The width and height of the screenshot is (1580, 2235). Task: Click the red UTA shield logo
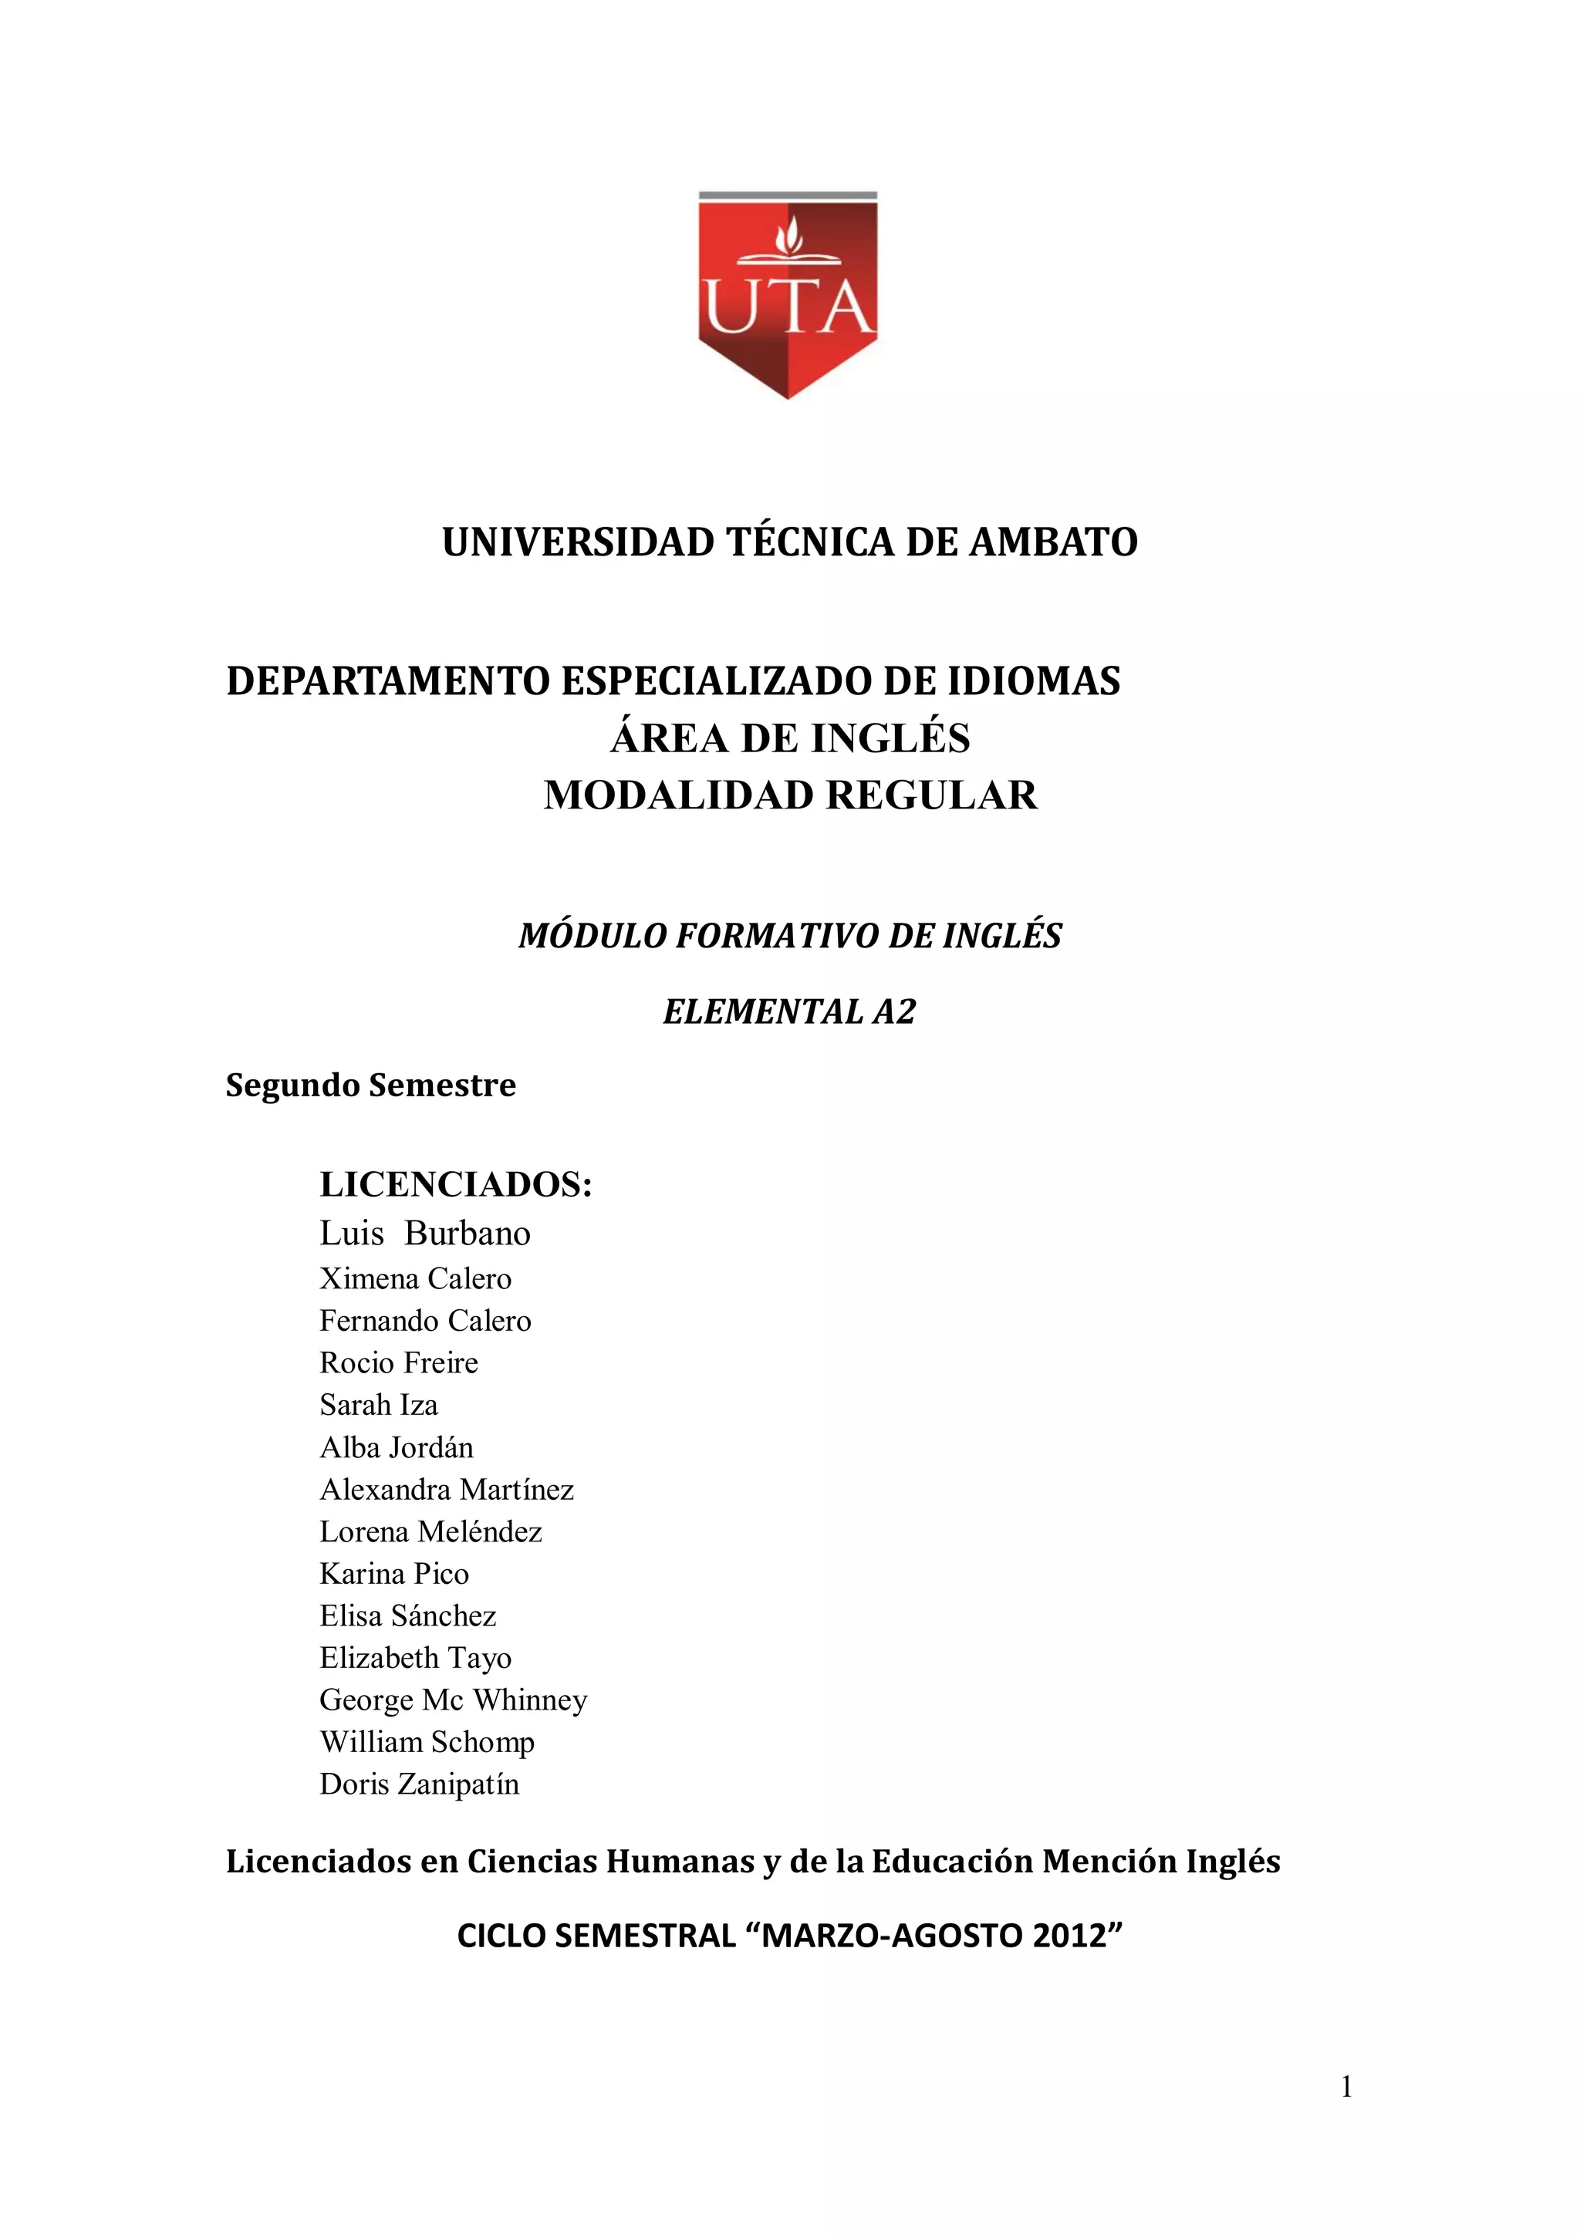click(x=788, y=294)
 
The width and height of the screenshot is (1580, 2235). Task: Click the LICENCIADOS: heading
click(x=456, y=1185)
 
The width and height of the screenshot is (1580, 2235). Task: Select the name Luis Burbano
click(x=424, y=1234)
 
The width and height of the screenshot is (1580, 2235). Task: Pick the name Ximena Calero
click(x=415, y=1278)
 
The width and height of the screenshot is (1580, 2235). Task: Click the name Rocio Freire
click(x=398, y=1362)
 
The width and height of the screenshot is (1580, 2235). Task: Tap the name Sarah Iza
click(x=379, y=1405)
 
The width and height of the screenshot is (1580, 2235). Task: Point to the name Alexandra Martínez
click(x=446, y=1489)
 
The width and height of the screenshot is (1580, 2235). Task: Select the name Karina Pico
click(x=393, y=1574)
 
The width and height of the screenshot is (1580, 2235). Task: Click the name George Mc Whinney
click(x=453, y=1700)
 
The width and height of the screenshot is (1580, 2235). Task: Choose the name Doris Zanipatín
click(x=419, y=1784)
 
